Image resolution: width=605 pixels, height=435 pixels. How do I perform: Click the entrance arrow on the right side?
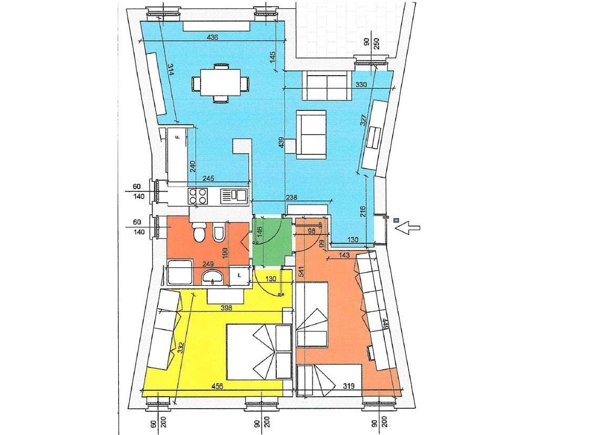[408, 227]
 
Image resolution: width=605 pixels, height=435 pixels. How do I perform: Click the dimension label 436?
[212, 38]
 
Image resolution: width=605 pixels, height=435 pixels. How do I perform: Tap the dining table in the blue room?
[220, 82]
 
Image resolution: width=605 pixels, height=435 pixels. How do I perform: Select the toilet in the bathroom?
[199, 233]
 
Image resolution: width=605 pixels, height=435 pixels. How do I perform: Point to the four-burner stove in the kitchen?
[197, 196]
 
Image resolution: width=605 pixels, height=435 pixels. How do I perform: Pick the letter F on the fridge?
[178, 138]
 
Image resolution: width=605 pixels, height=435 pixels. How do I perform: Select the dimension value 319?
[349, 386]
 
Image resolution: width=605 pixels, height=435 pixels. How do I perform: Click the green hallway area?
[271, 241]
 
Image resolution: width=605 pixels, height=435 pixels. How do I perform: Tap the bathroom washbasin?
[213, 276]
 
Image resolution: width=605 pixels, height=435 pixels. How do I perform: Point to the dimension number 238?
[291, 198]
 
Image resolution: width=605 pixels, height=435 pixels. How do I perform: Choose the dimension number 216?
[362, 211]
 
